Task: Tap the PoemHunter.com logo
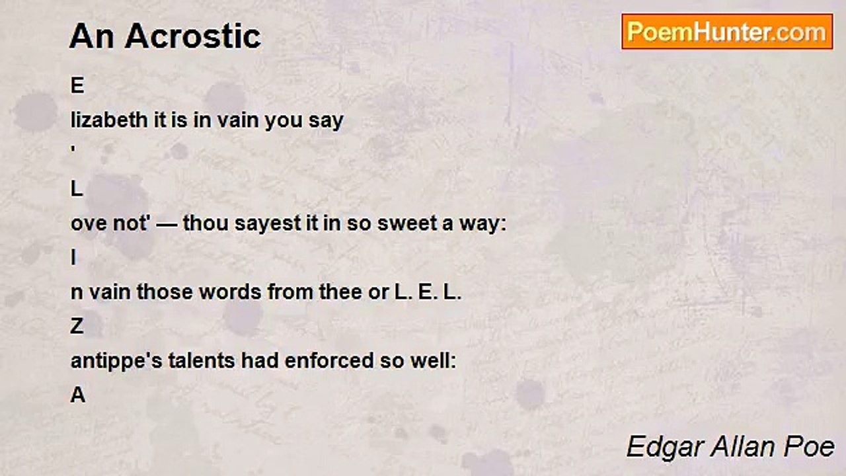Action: click(x=727, y=32)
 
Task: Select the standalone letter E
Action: click(x=77, y=85)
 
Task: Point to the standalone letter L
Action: click(x=77, y=188)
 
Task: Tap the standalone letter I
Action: click(x=73, y=258)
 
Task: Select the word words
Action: click(x=230, y=292)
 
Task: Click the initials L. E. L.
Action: click(x=428, y=292)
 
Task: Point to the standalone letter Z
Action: click(x=77, y=326)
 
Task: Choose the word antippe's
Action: click(x=116, y=360)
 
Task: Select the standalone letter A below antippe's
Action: click(x=78, y=395)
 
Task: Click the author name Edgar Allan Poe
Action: click(x=730, y=446)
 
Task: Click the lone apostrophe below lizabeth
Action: click(x=73, y=149)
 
